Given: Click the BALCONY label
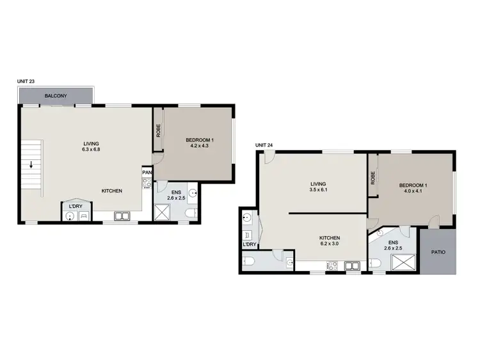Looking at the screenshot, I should coord(56,96).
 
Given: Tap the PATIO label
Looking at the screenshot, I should coord(438,252).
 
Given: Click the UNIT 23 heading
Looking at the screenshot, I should coord(27,82).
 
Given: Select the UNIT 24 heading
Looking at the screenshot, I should coord(264,146).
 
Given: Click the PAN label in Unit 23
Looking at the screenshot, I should coord(147,173).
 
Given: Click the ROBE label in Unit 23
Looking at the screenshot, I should coord(158,130).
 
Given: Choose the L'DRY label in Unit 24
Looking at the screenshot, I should coord(250,244).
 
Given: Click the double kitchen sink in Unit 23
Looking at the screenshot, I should coord(122,217).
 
